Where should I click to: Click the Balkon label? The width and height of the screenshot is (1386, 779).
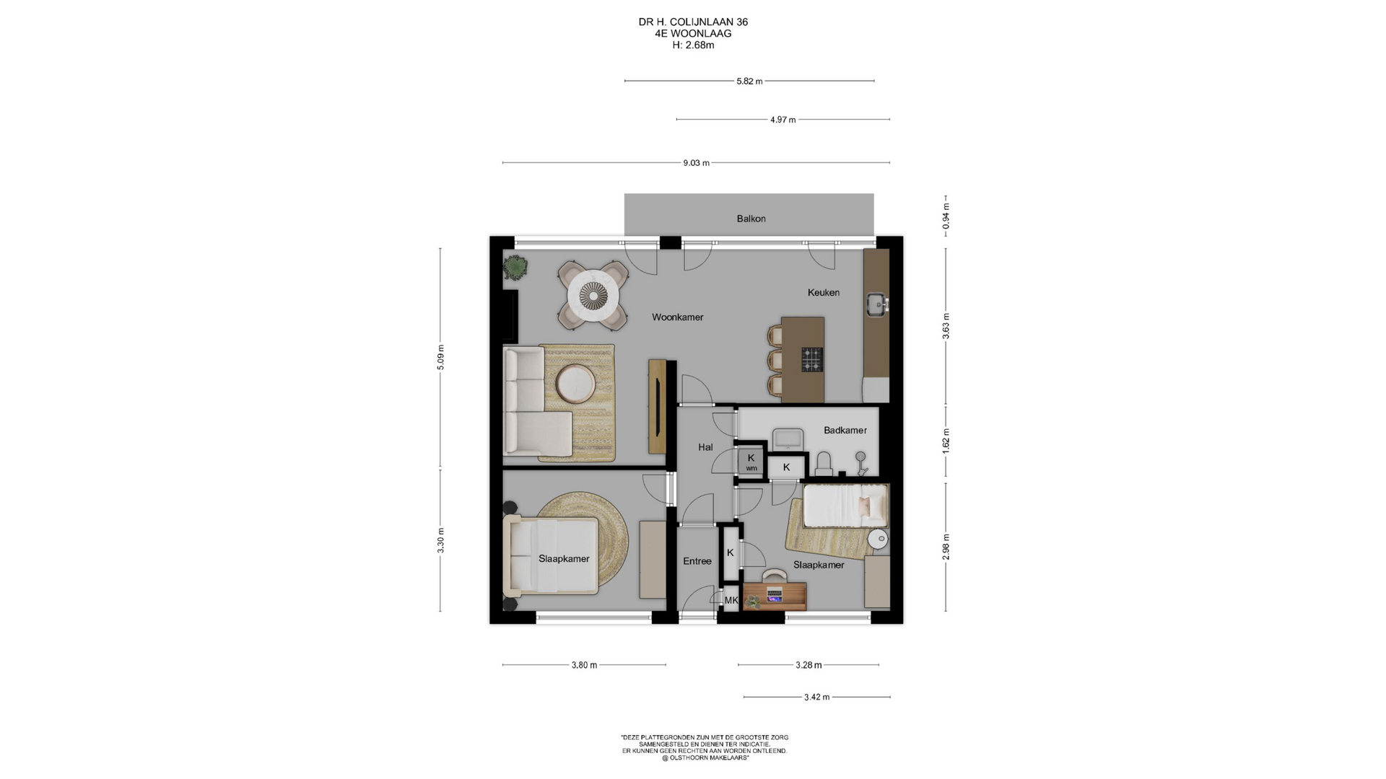751,219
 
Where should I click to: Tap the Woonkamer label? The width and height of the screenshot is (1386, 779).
677,317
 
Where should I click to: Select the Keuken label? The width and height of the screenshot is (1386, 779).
824,292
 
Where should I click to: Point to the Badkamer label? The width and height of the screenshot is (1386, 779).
845,430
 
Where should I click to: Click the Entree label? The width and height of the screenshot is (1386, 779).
697,561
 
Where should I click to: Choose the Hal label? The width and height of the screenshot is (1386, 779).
705,447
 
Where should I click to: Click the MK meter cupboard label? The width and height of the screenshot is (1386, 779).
731,600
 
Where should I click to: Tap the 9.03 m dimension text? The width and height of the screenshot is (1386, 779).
697,163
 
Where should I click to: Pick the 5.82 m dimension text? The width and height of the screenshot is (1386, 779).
749,82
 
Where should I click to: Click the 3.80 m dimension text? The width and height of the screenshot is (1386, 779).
584,665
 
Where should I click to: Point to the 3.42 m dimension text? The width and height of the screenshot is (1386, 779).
816,697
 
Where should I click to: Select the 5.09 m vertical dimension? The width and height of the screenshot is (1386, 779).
440,358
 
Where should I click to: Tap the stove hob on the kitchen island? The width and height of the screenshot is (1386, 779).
812,359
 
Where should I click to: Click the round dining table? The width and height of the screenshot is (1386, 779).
593,295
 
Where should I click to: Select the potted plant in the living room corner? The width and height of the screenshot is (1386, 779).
515,268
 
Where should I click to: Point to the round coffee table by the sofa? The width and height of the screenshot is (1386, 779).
575,384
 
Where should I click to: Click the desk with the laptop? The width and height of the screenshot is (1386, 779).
775,596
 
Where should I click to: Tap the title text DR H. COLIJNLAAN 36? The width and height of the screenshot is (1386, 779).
693,22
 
